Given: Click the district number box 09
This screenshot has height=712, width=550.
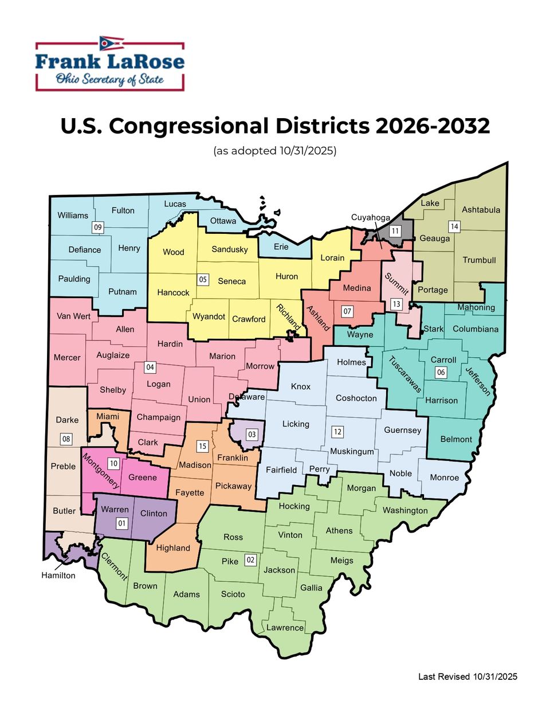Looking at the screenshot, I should pos(98,227).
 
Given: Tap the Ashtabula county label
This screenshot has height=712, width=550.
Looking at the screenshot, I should pos(481,210).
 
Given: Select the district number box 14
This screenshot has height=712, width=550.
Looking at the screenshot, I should pos(454,226).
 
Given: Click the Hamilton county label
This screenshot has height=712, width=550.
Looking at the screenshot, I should pos(58,575).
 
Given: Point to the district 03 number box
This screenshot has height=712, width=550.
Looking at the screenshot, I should pos(252,434).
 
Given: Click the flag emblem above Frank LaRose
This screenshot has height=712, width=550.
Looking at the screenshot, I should pos(111,44).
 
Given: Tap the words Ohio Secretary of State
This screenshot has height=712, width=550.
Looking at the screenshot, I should pos(109,79).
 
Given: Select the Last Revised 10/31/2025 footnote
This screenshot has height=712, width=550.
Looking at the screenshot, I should pos(467,676).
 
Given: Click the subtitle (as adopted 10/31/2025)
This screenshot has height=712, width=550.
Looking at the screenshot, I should pos(274,151).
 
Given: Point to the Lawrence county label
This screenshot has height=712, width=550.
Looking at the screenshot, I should pos(285,627).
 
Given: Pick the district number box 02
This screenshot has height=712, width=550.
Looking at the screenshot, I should pos(250,560).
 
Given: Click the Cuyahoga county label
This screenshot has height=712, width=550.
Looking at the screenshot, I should pos(370,217).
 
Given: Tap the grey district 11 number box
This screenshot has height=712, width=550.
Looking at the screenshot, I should pos(395,231).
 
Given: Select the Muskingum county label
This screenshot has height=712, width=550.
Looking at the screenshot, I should pos(352,451).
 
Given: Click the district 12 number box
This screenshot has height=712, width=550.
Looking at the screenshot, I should pos(337,432).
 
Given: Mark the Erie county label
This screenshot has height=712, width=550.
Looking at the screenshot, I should pos(281,247).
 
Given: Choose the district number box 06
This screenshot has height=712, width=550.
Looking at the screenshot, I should pos(441,372).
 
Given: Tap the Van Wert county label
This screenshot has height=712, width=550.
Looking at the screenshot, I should pos(73,316).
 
